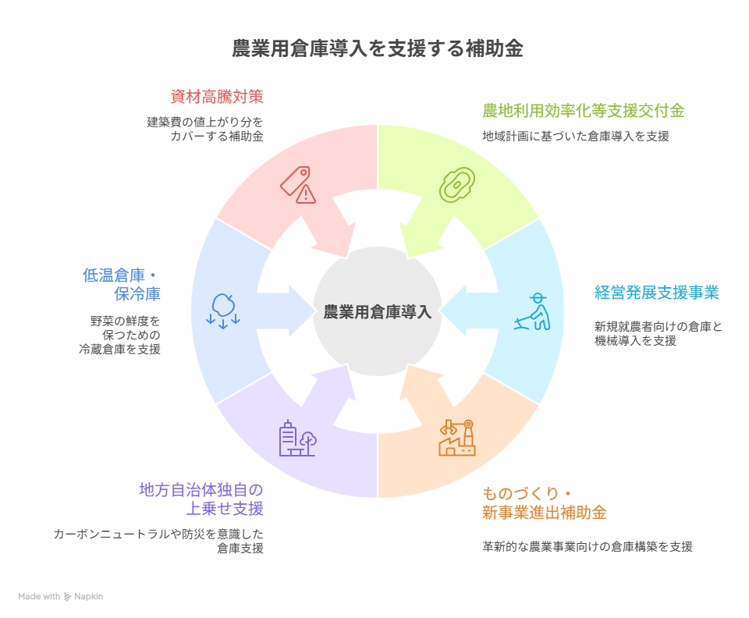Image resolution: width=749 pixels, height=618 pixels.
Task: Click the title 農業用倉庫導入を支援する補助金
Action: [377, 49]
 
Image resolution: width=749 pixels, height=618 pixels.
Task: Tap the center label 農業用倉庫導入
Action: [377, 311]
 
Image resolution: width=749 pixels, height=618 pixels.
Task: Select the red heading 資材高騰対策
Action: [216, 97]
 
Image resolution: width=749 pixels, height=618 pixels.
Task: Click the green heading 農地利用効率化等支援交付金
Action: [583, 111]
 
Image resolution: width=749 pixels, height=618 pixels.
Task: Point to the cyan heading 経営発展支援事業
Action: [656, 293]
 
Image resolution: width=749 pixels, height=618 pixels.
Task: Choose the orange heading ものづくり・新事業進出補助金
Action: [544, 503]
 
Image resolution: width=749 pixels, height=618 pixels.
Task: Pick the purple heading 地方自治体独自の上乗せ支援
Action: [201, 499]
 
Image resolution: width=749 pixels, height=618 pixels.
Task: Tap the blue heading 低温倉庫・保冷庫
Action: [122, 285]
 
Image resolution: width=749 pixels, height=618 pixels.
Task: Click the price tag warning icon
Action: [298, 185]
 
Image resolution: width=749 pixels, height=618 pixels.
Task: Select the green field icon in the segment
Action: [457, 185]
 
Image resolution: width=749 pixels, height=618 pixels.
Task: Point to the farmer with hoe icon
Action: [533, 311]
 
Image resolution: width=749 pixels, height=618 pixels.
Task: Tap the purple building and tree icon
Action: [297, 439]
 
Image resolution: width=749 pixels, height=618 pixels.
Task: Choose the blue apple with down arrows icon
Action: [223, 311]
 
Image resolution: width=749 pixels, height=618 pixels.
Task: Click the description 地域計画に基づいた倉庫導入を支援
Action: [575, 137]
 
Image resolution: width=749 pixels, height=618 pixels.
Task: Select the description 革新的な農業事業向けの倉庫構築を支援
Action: [587, 547]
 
